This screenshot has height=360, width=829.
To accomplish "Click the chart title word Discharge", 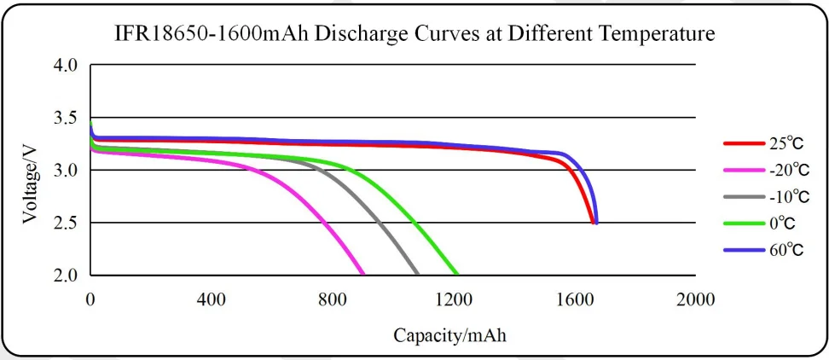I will tap(359, 35).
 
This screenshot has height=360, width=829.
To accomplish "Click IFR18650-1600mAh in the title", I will tap(210, 35).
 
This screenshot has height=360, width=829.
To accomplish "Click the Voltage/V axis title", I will tap(31, 183).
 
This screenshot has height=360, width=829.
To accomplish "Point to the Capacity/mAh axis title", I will tap(449, 335).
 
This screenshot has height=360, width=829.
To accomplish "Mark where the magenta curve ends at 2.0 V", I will tap(363, 275).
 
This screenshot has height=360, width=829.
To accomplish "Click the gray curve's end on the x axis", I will tap(417, 275).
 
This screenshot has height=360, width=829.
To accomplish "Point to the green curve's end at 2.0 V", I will tap(458, 275).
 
